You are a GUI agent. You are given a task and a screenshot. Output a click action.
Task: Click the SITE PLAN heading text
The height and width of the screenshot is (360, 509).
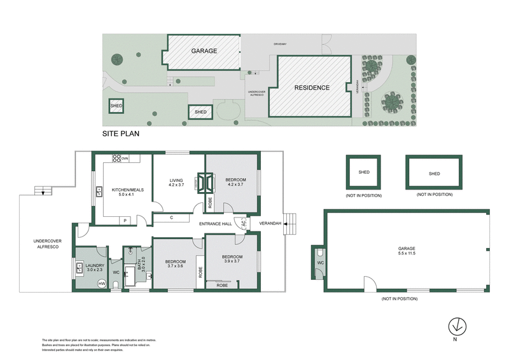[x=121, y=134]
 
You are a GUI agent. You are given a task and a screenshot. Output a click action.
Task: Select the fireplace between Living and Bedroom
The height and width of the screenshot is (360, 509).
[x=205, y=183]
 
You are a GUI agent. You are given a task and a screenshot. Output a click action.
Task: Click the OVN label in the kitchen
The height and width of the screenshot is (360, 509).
[x=125, y=158]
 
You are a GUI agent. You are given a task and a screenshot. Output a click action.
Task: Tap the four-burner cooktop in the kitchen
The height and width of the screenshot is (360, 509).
[x=117, y=158]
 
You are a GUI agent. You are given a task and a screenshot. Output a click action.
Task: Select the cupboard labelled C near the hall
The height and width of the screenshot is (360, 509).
[x=172, y=218]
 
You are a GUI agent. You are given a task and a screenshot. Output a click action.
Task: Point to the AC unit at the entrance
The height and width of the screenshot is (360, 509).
[x=241, y=223]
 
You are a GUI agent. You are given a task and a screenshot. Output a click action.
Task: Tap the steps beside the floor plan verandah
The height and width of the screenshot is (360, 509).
[x=291, y=223]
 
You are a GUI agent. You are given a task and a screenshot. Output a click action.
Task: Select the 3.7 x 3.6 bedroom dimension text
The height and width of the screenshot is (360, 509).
[x=175, y=267]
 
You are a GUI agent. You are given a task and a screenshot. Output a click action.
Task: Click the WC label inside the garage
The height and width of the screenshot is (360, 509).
[x=321, y=262]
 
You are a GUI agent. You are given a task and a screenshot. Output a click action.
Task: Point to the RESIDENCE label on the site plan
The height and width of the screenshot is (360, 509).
[x=312, y=88]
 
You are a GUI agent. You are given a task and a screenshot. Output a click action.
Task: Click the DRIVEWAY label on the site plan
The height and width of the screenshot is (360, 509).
[x=281, y=44]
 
